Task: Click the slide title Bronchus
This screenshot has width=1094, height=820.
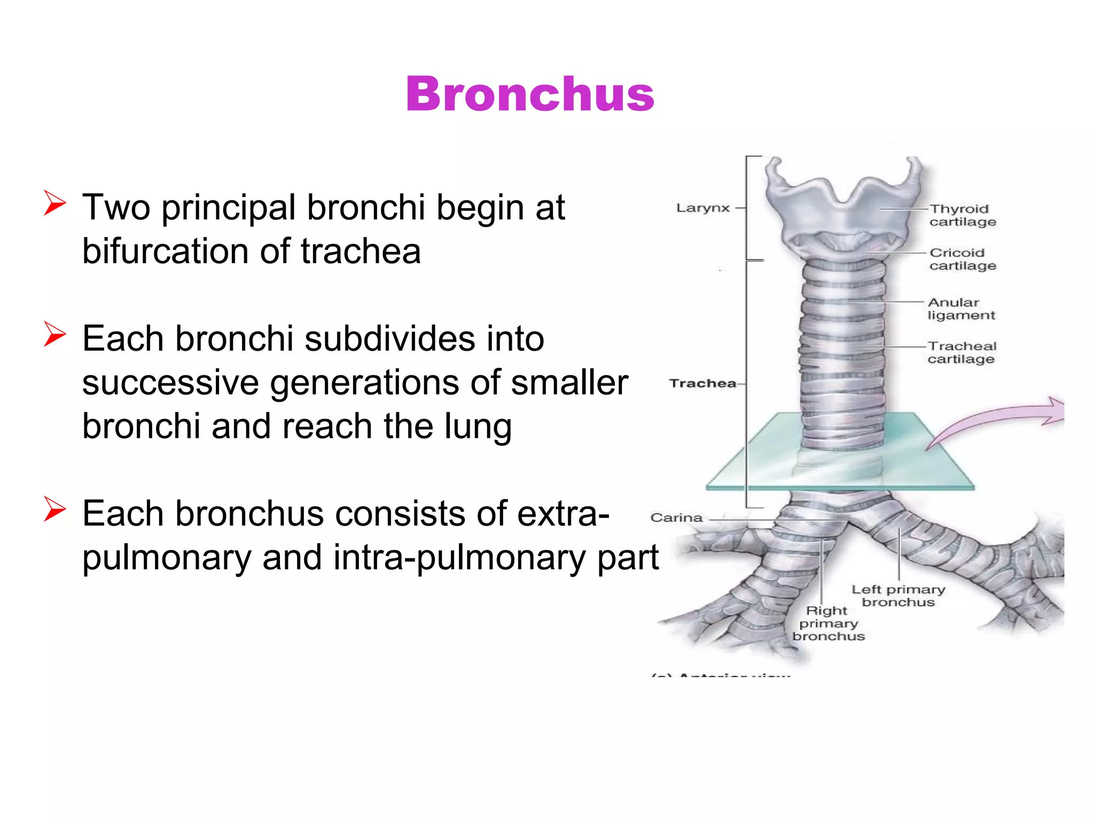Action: tap(530, 94)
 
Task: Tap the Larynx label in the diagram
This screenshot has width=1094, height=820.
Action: tap(702, 208)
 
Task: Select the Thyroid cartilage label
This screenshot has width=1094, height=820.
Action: tap(962, 215)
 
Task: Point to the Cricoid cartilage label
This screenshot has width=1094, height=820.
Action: tap(962, 259)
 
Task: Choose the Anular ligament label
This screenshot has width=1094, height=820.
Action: tap(960, 309)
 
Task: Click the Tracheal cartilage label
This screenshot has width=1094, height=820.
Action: tap(962, 352)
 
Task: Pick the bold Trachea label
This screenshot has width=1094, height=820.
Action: tap(702, 383)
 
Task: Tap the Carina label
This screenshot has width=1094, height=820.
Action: tap(676, 517)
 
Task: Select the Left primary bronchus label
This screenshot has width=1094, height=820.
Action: tap(898, 596)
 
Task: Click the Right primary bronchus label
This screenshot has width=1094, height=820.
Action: tap(828, 623)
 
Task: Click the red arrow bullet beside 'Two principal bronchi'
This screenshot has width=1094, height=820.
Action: tap(55, 203)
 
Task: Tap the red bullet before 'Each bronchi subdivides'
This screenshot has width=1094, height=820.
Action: tap(55, 334)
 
